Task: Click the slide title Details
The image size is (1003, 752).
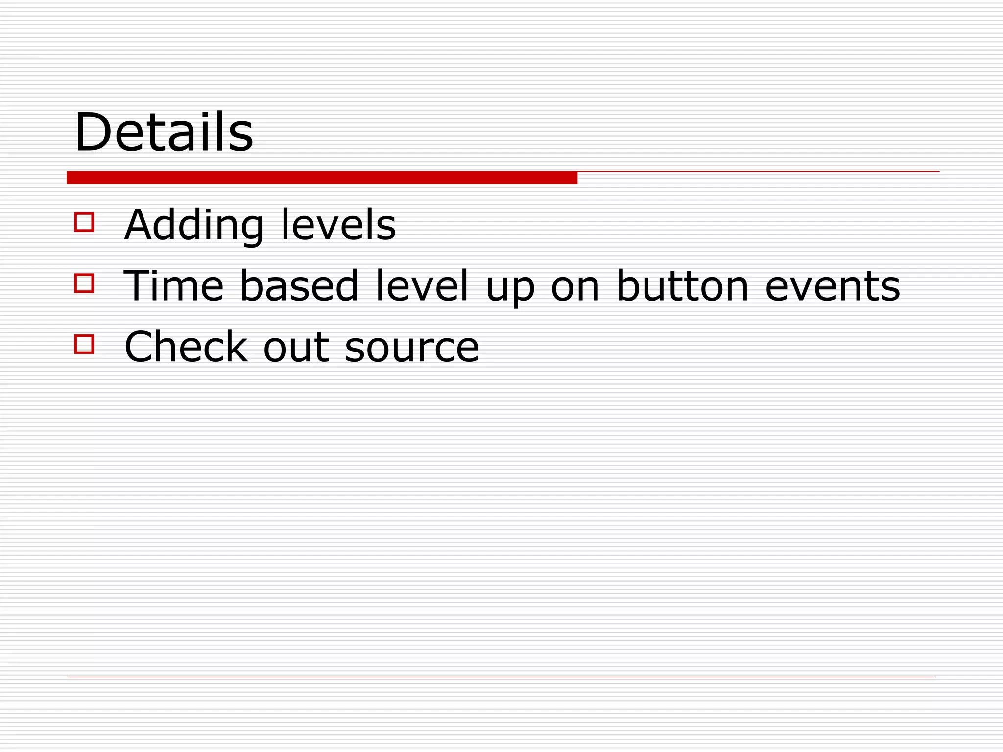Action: pos(164,133)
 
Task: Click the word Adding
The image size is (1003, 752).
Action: pos(193,226)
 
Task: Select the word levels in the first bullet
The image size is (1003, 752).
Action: pos(338,225)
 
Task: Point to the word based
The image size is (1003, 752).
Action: pos(299,286)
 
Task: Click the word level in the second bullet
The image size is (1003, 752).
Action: pos(422,286)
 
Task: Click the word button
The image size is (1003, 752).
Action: pos(683,286)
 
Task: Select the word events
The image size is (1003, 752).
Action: pos(833,287)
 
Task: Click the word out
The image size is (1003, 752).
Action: pos(296,348)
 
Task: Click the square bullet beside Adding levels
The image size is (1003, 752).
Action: pos(84,222)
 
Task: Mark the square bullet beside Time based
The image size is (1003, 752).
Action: pos(84,283)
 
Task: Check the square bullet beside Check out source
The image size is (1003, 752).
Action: pos(84,344)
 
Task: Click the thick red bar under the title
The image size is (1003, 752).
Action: pos(322,178)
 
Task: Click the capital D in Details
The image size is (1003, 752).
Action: pos(94,133)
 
